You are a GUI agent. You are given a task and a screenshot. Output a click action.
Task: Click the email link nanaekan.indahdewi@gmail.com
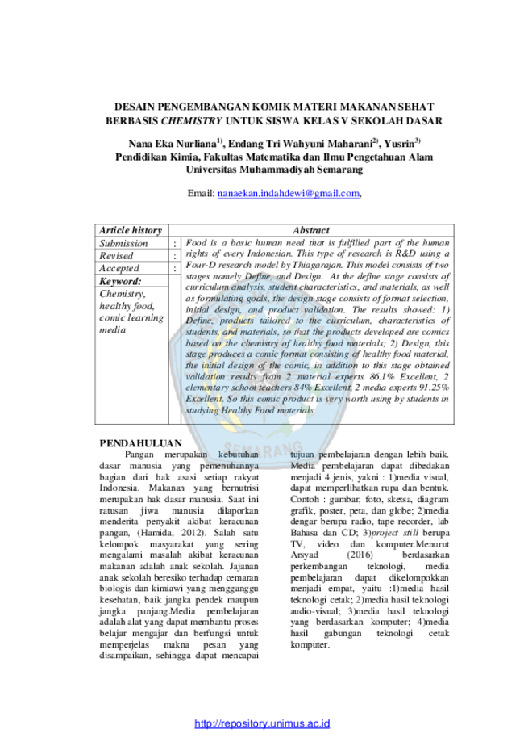tap(289, 194)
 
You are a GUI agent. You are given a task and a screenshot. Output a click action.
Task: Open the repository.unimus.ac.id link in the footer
tap(262, 723)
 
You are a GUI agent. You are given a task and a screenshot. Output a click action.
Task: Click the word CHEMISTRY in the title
tap(191, 120)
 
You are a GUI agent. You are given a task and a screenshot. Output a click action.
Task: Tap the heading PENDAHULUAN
tap(140, 443)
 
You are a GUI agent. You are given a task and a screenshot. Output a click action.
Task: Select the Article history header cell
tap(131, 230)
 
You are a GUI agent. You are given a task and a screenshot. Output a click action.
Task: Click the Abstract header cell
tap(311, 230)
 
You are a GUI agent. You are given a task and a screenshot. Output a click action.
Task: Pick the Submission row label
tap(123, 243)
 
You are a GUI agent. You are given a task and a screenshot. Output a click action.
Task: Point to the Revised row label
tap(116, 255)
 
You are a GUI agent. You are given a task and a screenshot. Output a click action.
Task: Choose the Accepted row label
tap(119, 268)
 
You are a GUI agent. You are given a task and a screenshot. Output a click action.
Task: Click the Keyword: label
tap(120, 281)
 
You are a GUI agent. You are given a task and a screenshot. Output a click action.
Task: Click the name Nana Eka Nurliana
tap(172, 144)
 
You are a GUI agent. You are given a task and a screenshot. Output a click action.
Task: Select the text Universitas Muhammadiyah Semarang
tap(274, 170)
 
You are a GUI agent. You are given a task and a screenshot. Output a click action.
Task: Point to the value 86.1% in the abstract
tap(382, 377)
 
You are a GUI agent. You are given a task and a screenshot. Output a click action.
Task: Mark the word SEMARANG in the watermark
tap(262, 447)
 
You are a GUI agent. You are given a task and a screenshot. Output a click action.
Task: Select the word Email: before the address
tap(202, 194)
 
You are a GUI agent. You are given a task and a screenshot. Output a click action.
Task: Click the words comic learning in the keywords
tap(131, 318)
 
